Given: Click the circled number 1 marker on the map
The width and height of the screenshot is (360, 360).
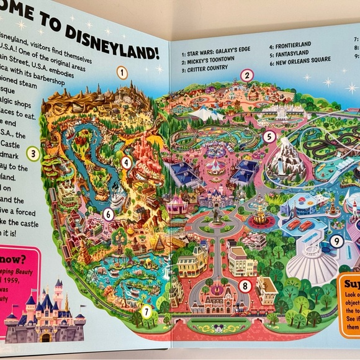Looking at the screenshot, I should (122, 72).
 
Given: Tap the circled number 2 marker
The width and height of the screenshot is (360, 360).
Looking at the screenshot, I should (246, 76).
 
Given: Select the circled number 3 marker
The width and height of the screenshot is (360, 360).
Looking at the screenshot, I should (34, 153).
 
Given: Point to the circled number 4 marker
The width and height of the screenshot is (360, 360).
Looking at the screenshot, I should (126, 163).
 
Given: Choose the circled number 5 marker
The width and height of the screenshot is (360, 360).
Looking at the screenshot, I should (269, 137).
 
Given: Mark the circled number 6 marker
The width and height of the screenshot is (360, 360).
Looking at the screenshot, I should (108, 214).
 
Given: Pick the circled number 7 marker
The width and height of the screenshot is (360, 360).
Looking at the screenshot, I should (146, 312).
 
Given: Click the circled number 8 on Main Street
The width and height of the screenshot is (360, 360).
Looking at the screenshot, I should (245, 286).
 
